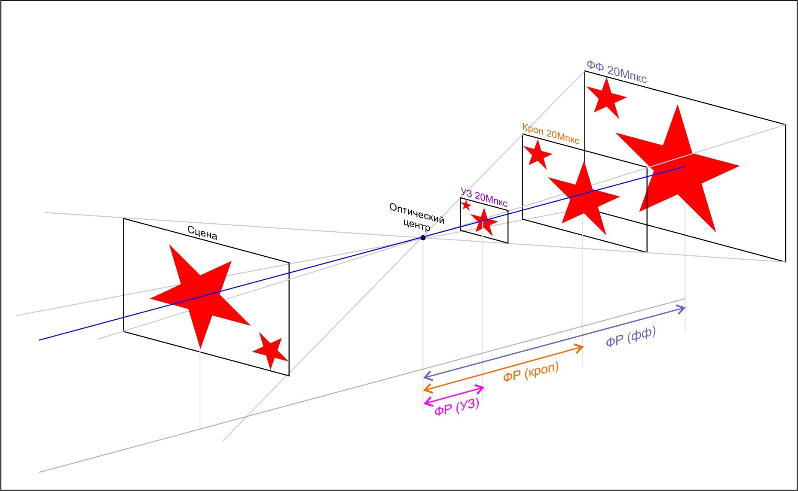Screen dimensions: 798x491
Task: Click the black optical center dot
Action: pyautogui.click(x=423, y=238)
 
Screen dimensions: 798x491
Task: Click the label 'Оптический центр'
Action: pyautogui.click(x=416, y=218)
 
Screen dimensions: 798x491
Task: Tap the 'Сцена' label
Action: pyautogui.click(x=202, y=233)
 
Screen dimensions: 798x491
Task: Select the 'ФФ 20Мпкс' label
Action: pyautogui.click(x=617, y=71)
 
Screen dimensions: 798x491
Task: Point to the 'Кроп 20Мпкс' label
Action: pyautogui.click(x=550, y=133)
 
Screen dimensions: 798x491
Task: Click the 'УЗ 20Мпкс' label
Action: pyautogui.click(x=484, y=197)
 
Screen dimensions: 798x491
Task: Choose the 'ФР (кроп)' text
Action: pyautogui.click(x=531, y=372)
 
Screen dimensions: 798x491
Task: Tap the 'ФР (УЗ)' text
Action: pyautogui.click(x=457, y=407)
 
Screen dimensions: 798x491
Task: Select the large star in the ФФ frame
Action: pyautogui.click(x=677, y=167)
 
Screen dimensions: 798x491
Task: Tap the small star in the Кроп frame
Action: pyautogui.click(x=538, y=154)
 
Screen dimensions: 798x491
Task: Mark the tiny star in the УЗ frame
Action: pyautogui.click(x=466, y=205)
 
